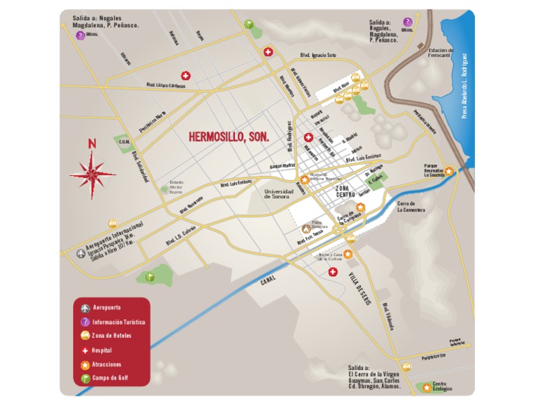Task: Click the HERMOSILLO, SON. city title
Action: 229,137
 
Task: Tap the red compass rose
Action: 92,170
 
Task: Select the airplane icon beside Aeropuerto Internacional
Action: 81,254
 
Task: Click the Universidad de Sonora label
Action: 280,194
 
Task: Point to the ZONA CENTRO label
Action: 346,192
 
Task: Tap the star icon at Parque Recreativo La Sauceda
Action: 450,170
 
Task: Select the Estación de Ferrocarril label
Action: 441,53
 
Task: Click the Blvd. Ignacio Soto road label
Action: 318,54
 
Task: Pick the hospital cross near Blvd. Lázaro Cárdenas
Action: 186,76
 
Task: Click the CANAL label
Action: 268,280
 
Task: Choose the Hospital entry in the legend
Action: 102,350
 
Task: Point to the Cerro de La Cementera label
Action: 410,206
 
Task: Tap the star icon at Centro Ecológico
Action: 426,387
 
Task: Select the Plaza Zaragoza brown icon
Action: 306,228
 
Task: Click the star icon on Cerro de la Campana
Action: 360,207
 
